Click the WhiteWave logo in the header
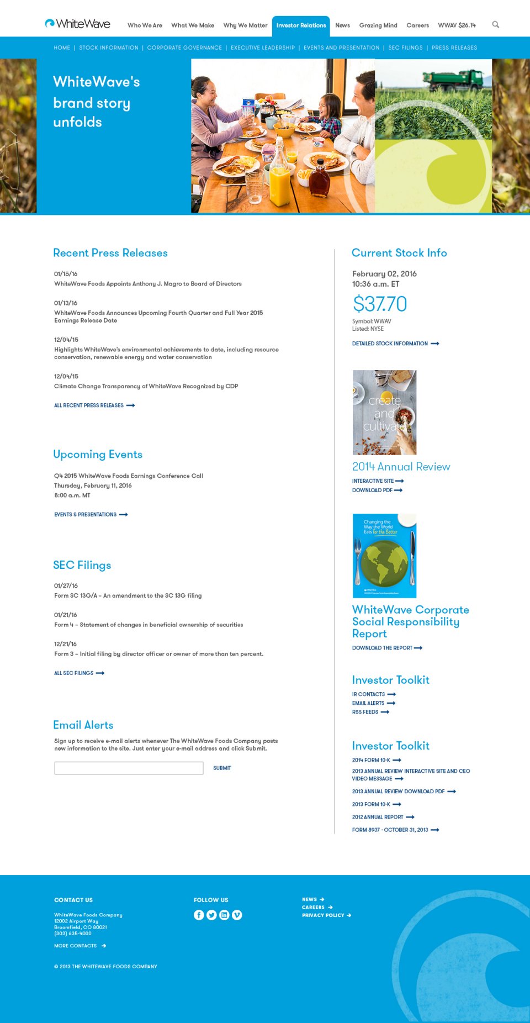(x=77, y=24)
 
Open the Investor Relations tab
(x=301, y=25)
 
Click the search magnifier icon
(x=495, y=24)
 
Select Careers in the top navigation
(x=417, y=25)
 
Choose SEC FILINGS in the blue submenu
(x=405, y=48)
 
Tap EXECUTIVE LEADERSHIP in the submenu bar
(x=263, y=48)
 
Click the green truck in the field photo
(x=453, y=81)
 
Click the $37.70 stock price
(x=380, y=304)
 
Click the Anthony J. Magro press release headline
(x=148, y=284)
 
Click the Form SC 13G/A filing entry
(x=128, y=595)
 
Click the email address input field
(x=129, y=768)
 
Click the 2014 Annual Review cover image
(x=384, y=412)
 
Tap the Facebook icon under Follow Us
(x=199, y=915)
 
